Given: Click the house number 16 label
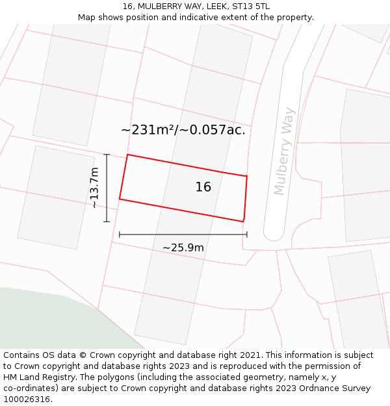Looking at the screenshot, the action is point(203,187).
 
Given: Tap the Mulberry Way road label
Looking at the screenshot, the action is point(285,151).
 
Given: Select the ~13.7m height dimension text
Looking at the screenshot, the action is point(94,188).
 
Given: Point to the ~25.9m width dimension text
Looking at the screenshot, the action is point(183,247).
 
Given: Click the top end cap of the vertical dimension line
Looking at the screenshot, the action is point(107,155).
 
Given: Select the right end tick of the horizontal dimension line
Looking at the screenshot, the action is point(247,235).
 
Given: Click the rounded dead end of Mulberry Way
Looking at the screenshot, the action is point(274,233).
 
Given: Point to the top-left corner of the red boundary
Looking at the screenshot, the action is point(127,155).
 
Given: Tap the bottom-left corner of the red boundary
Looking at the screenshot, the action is point(120,199).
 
